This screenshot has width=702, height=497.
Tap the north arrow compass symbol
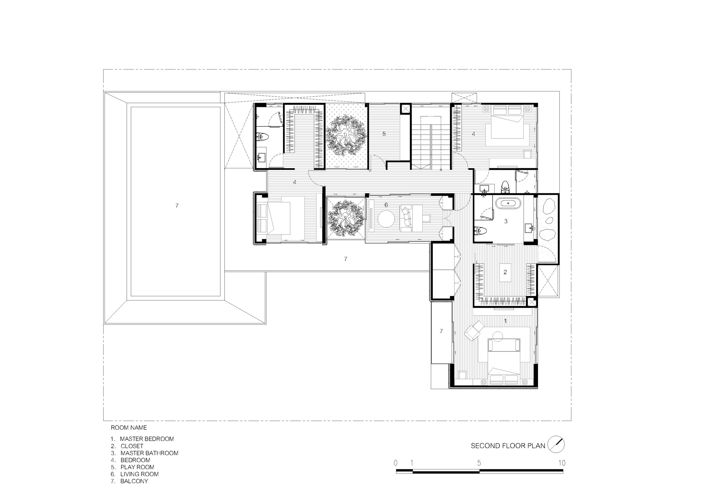pyautogui.click(x=556, y=444)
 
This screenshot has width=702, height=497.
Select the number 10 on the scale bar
pyautogui.click(x=562, y=463)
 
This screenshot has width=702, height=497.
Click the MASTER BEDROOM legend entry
pyautogui.click(x=147, y=439)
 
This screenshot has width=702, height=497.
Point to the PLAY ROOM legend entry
pyautogui.click(x=137, y=467)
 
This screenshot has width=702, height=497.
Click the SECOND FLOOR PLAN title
pyautogui.click(x=508, y=446)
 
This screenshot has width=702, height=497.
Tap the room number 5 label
pyautogui.click(x=384, y=134)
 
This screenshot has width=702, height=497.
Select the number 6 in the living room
pyautogui.click(x=386, y=205)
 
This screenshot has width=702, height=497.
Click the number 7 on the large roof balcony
pyautogui.click(x=177, y=206)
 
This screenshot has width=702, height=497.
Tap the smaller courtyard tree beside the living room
pyautogui.click(x=345, y=218)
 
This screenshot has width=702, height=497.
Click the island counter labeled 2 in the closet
pyautogui.click(x=505, y=272)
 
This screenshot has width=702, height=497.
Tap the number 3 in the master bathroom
pyautogui.click(x=506, y=221)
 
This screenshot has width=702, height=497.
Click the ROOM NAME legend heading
pyautogui.click(x=129, y=428)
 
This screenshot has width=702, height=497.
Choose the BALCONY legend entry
pyautogui.click(x=134, y=481)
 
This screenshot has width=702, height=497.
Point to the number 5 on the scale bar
pyautogui.click(x=479, y=463)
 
